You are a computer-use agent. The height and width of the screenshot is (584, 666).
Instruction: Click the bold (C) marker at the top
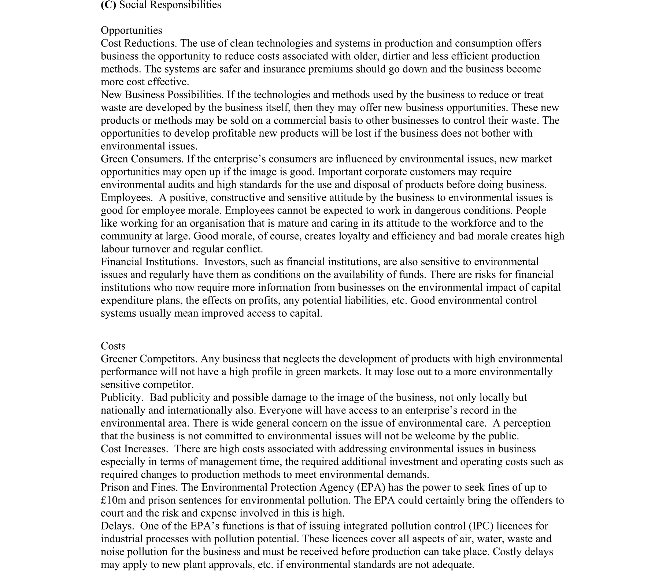(x=108, y=5)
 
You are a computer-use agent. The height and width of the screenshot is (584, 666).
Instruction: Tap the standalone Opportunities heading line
(x=131, y=30)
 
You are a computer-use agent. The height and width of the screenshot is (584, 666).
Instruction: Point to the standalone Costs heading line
(x=113, y=346)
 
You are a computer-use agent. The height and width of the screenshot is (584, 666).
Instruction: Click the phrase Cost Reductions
(x=138, y=43)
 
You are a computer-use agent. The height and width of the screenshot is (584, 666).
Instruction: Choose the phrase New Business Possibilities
(x=162, y=95)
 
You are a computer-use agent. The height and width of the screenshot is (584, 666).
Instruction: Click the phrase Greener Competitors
(x=149, y=359)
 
